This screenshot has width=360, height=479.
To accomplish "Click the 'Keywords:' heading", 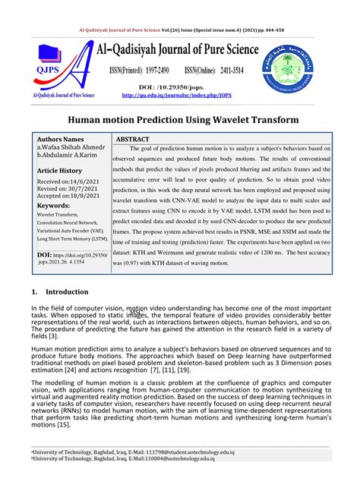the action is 53,205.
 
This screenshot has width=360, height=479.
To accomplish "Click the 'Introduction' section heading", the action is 68,270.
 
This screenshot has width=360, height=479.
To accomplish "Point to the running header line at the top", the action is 180,30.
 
